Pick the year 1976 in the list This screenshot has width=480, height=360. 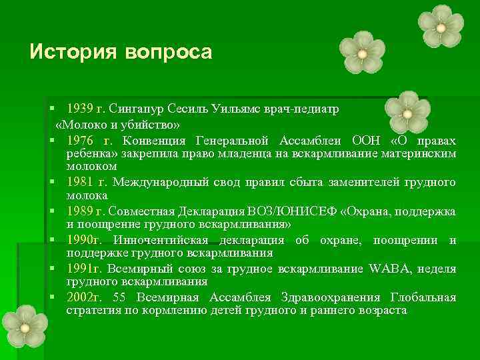(x=80, y=141)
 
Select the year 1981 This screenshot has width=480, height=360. (x=80, y=182)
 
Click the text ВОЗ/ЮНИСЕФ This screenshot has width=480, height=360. (x=295, y=211)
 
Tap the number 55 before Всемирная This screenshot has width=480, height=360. (x=119, y=297)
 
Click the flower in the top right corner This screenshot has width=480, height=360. (x=441, y=27)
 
